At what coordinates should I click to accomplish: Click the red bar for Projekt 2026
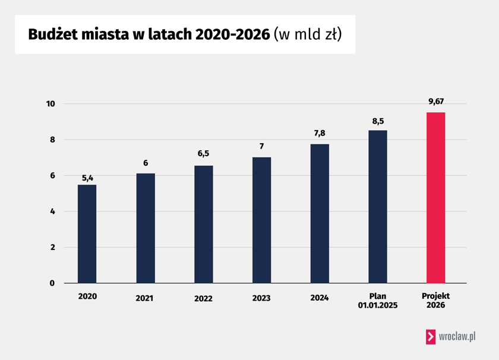click(x=435, y=197)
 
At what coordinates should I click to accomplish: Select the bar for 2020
click(x=87, y=233)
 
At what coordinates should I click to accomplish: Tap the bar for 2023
click(x=261, y=220)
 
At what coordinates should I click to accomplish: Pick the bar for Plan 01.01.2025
click(x=378, y=206)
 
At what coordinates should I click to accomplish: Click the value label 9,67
click(x=436, y=102)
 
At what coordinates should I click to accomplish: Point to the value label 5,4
click(x=87, y=177)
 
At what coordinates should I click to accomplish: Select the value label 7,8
click(x=320, y=134)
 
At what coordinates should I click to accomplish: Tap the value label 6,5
click(x=203, y=153)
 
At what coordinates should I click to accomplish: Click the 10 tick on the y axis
click(x=50, y=104)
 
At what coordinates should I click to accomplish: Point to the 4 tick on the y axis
click(x=52, y=211)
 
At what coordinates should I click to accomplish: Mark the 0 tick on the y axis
click(x=52, y=283)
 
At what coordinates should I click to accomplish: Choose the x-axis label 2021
click(x=144, y=298)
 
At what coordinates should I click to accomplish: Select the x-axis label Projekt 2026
click(x=436, y=300)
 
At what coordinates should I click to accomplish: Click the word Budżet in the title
click(x=54, y=34)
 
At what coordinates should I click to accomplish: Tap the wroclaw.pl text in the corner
click(x=457, y=336)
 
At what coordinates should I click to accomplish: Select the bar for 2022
click(x=203, y=224)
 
